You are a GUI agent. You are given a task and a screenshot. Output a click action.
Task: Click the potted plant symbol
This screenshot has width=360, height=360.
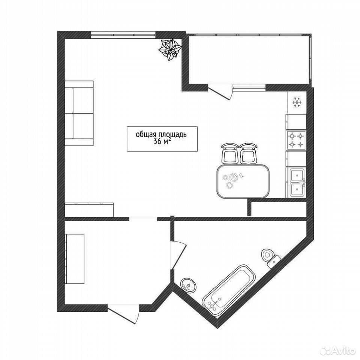coord(170,49)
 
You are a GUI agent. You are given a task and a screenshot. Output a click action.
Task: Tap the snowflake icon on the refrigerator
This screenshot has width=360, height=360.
coord(297,102)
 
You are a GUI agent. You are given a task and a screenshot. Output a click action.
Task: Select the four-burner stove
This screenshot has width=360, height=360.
coord(296,140)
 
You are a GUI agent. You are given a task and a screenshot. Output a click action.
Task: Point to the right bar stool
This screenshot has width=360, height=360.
coord(248,154)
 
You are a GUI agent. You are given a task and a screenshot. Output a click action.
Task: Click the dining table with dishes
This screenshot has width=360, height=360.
coord(243,181)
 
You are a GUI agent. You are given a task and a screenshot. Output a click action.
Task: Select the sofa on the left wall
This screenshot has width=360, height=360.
coord(79,113)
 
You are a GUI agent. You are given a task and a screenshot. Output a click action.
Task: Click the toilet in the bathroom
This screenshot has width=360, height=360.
coord(270,258)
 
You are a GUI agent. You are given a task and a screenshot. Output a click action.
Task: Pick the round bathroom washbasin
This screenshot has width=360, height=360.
coord(189,285)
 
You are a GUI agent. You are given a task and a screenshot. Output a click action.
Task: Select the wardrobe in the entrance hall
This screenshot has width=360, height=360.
coord(75,259)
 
